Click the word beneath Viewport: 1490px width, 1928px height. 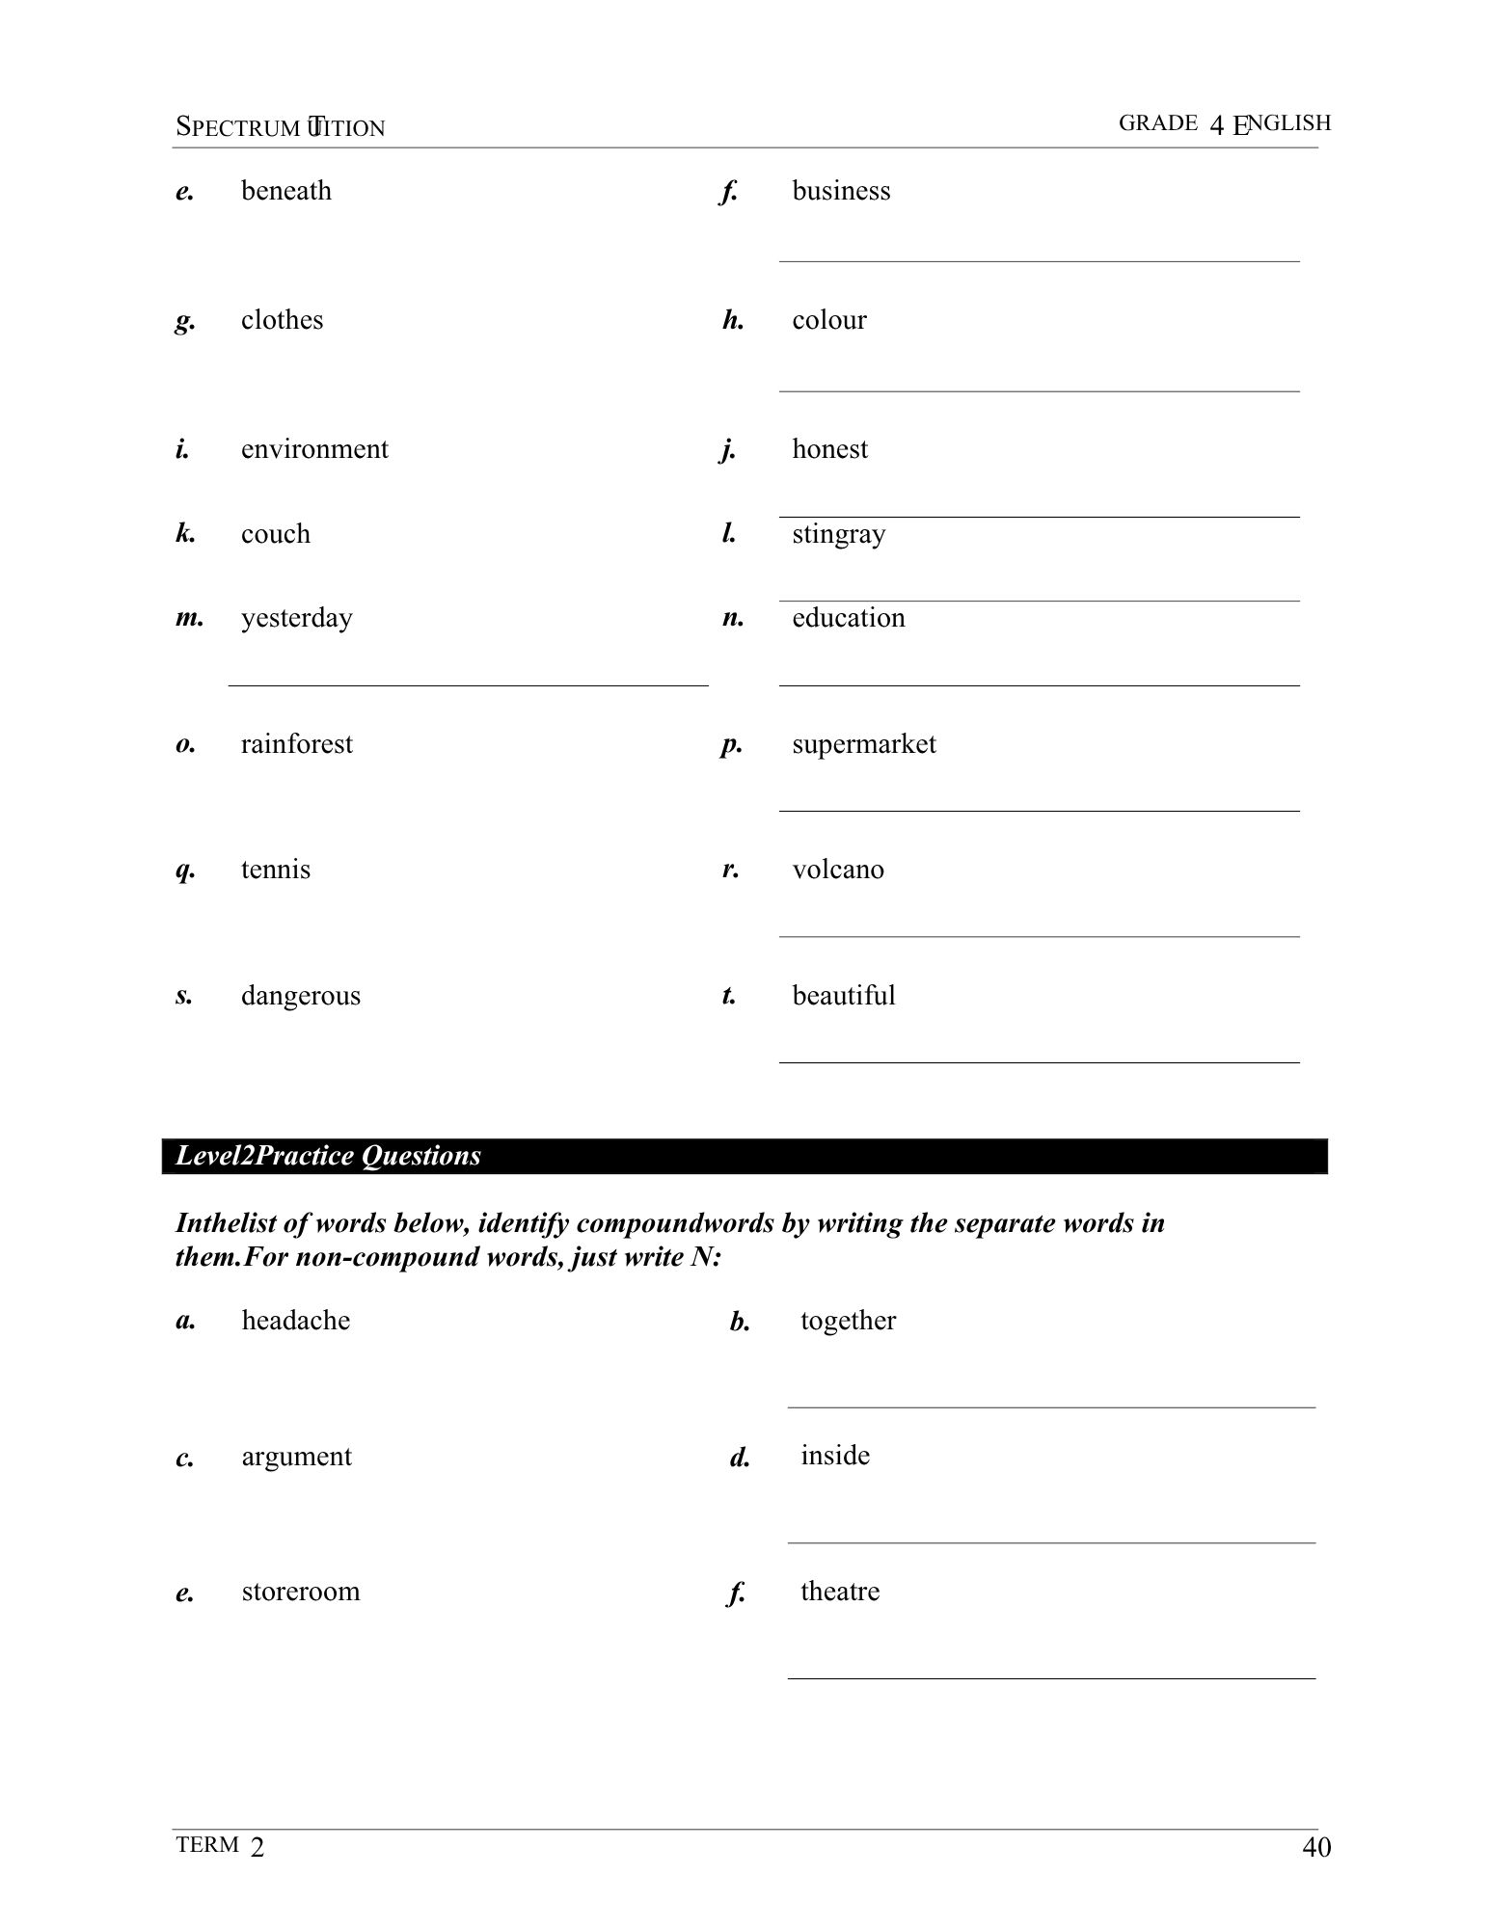tap(285, 191)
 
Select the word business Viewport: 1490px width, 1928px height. tap(841, 191)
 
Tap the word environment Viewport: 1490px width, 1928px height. tap(314, 449)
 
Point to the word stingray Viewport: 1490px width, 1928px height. tap(838, 534)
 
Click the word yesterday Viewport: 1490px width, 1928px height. tap(296, 618)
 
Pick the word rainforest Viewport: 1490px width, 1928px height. tap(296, 744)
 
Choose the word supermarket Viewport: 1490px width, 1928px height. tap(863, 744)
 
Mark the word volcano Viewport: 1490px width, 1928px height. tap(837, 870)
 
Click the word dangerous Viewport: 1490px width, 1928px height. tap(300, 996)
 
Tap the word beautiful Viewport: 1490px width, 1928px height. tap(843, 996)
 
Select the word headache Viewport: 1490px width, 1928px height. tap(295, 1321)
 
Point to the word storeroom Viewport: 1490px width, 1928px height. tap(300, 1592)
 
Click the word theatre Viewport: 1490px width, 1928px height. tap(839, 1592)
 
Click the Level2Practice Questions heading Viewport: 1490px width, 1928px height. tap(328, 1156)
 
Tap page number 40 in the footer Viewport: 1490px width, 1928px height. tap(1315, 1847)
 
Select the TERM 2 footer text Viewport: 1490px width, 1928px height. tap(220, 1846)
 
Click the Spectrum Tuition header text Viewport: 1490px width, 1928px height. tap(280, 127)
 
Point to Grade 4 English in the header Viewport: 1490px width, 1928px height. tap(1224, 123)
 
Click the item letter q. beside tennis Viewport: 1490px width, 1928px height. tap(185, 870)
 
